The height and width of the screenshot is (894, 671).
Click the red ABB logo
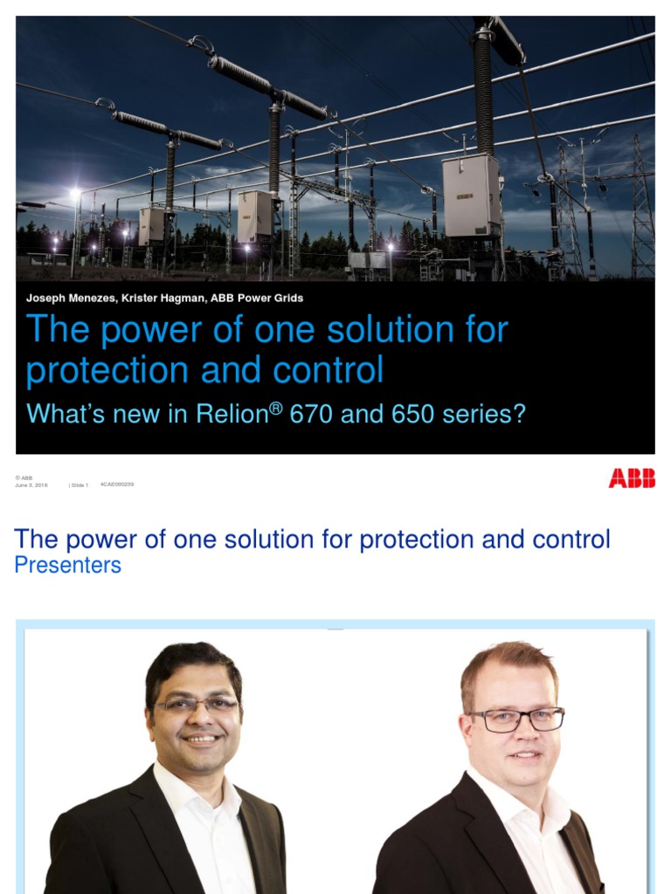pos(632,478)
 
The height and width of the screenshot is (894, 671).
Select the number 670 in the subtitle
pos(312,413)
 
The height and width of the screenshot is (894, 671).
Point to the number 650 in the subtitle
pos(410,413)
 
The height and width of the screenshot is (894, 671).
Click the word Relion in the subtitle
pos(230,413)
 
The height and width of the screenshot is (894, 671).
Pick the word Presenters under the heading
pos(68,565)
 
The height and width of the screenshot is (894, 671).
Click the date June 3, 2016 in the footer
pos(31,485)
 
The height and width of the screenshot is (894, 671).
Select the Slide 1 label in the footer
pos(80,485)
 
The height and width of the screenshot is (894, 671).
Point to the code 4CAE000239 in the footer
pos(117,484)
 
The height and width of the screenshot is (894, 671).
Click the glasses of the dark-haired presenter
pos(197,704)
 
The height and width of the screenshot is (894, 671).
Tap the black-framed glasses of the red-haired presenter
pos(516,719)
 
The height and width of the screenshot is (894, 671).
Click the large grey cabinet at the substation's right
pos(472,196)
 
